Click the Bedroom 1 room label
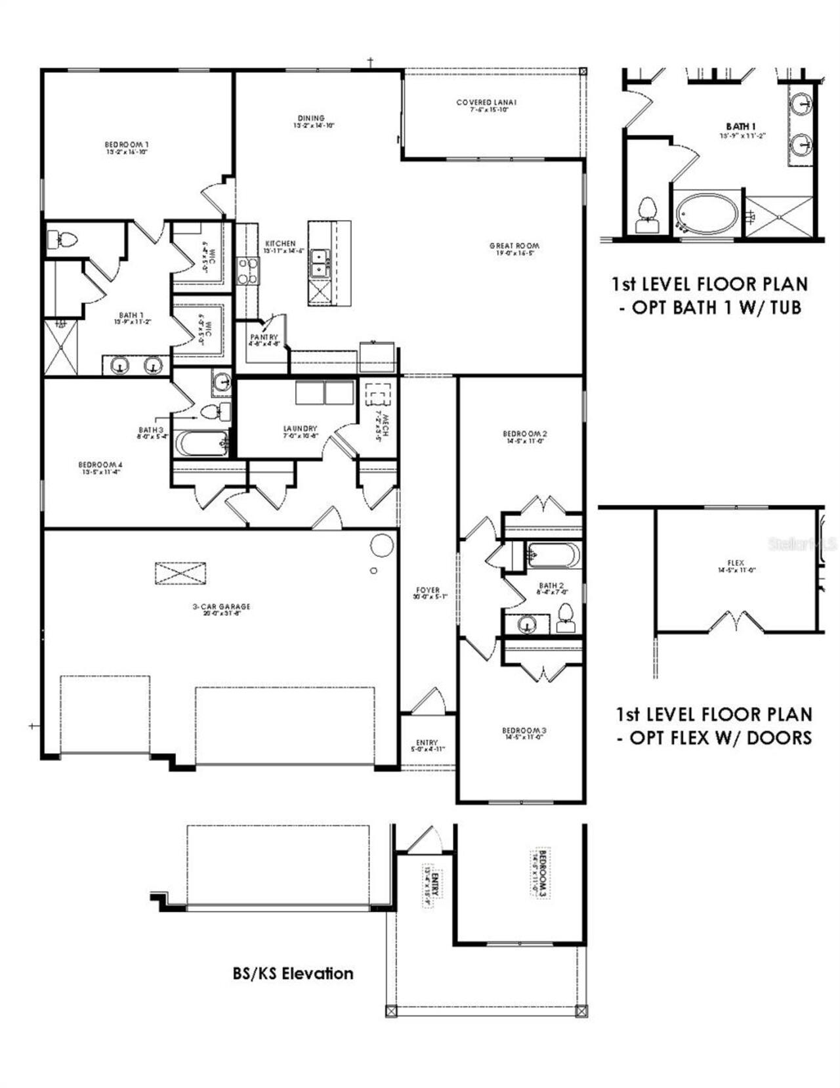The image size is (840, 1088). coord(127,147)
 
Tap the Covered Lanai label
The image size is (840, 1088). coord(486,105)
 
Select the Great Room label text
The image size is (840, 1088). coord(514,248)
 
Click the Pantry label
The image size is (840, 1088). coord(264,339)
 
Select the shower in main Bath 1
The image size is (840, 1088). coord(60,347)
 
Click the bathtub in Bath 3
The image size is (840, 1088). coord(200,444)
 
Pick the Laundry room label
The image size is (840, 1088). coord(300,431)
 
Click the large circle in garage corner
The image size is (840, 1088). coord(382,545)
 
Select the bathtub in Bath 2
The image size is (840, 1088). coord(553,555)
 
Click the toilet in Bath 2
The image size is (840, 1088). coord(566,618)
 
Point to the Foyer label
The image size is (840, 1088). coord(427,593)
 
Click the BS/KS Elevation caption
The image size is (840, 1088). coord(293,973)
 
